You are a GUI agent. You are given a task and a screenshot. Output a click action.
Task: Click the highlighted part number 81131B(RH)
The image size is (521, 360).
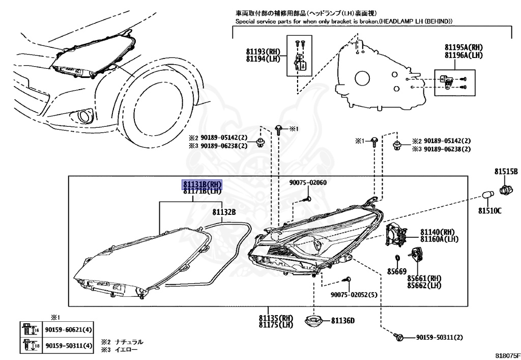pos(202,184)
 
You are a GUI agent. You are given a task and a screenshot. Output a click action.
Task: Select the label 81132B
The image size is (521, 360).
pos(224,211)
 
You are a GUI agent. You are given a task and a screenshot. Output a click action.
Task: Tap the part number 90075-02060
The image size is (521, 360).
pos(308,183)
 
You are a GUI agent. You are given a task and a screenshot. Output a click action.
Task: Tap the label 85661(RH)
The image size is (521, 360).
pos(423,278)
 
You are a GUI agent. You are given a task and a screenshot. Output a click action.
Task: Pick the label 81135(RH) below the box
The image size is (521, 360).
pos(276,318)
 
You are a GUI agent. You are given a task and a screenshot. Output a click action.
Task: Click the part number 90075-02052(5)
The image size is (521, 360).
pos(354,295)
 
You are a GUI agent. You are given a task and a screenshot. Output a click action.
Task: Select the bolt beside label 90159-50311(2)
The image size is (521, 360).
pos(399,337)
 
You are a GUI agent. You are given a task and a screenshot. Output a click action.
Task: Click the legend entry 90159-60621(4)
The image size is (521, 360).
pos(69,330)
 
